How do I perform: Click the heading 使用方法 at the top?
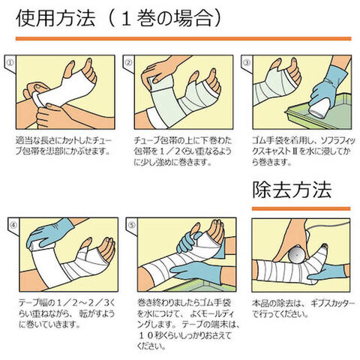click(55, 19)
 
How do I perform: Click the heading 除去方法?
click(292, 190)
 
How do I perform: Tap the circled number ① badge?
click(10, 62)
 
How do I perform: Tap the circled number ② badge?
click(128, 62)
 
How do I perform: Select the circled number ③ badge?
click(247, 62)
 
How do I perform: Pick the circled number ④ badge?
click(13, 225)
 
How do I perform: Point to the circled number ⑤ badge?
click(131, 225)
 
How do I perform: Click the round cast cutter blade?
click(297, 254)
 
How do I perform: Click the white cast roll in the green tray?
click(319, 106)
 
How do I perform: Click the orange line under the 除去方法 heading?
click(301, 208)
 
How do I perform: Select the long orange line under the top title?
click(183, 38)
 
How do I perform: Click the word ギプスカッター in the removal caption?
click(332, 304)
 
